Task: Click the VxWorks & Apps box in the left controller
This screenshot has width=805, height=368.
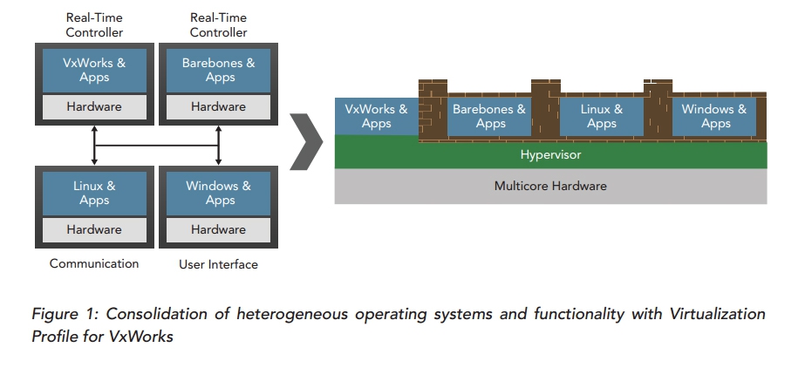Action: [94, 70]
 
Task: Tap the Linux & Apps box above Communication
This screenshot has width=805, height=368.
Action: [94, 193]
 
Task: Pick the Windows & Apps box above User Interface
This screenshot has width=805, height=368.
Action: [218, 193]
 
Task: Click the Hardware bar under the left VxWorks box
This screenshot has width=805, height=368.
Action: [94, 107]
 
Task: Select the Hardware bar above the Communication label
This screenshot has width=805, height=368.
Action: [94, 229]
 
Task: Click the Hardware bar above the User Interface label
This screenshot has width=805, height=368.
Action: [218, 229]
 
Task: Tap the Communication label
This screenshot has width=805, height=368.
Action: [94, 263]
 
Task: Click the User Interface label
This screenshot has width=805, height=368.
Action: [218, 264]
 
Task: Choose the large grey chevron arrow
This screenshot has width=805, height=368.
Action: [306, 141]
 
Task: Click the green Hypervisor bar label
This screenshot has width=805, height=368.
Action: [550, 154]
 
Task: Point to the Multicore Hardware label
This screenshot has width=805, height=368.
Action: [550, 186]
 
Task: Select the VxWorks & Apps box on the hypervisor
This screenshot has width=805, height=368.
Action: [376, 117]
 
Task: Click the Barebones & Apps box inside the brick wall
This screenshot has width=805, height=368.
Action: [489, 117]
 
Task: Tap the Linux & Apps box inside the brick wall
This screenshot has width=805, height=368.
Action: [602, 117]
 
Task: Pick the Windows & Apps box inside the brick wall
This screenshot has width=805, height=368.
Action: [714, 117]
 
